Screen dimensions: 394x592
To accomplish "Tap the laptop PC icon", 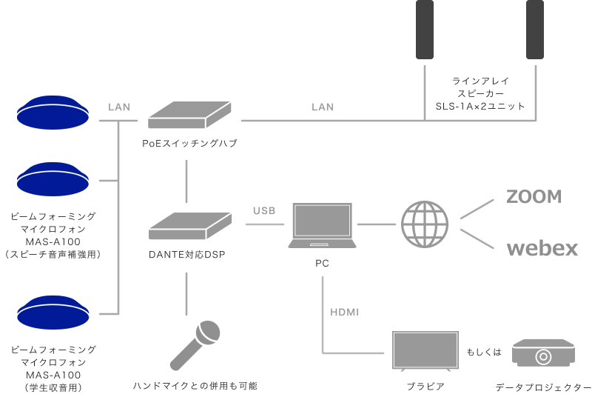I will [x=323, y=226].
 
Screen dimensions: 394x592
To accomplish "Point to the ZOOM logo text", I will [x=534, y=196].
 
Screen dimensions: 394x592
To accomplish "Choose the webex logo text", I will [x=542, y=248].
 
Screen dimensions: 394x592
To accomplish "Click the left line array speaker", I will [x=425, y=30].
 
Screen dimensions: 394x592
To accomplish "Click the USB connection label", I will [x=264, y=211].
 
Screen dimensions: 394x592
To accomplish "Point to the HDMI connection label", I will [x=344, y=313].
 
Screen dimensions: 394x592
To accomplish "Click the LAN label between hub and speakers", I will [x=323, y=107].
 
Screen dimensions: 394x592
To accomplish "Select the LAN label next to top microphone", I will [x=119, y=107].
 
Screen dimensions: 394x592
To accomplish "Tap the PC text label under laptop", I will [x=323, y=263].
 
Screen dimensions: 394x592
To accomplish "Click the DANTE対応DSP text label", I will [x=186, y=256].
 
